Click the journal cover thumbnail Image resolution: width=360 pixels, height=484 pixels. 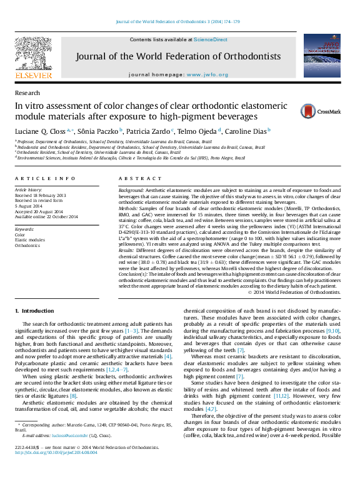[322, 55]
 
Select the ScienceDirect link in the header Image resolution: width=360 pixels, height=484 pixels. [211, 39]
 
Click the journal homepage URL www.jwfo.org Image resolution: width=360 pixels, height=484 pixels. [214, 74]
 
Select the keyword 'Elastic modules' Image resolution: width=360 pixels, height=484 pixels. [29, 240]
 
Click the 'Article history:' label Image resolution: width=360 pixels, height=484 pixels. [29, 189]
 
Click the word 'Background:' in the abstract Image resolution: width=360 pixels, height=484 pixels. [131, 189]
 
